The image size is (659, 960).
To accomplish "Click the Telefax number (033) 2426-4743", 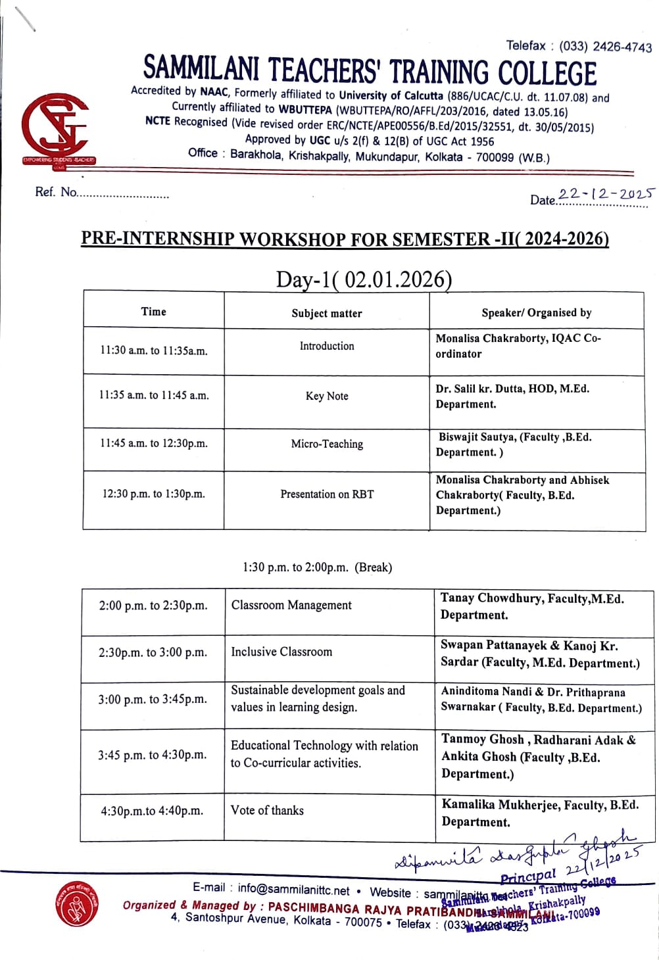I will [605, 46].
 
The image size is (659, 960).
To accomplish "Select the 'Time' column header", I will [153, 312].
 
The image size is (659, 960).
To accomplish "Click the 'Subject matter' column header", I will [327, 314].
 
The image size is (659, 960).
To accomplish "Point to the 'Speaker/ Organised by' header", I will [536, 313].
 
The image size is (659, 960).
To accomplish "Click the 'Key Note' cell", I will [327, 396].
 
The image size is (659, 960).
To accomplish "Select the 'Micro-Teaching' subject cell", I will [327, 444].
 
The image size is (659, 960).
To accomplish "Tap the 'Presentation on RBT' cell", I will [327, 494].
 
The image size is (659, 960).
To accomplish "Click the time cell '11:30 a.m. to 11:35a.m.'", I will [153, 350].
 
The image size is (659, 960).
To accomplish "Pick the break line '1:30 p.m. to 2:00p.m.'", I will [317, 567].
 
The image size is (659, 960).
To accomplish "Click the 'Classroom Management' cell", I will [291, 605].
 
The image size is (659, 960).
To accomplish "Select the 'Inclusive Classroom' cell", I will [281, 652].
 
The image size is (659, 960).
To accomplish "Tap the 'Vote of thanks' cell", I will [267, 810].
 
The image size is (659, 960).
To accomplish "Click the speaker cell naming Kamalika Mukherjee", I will [540, 813].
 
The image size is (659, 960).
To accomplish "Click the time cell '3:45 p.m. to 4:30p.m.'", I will [153, 755].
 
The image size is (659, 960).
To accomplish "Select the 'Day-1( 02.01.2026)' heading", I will [364, 279].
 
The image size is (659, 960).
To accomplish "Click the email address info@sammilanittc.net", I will [293, 889].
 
